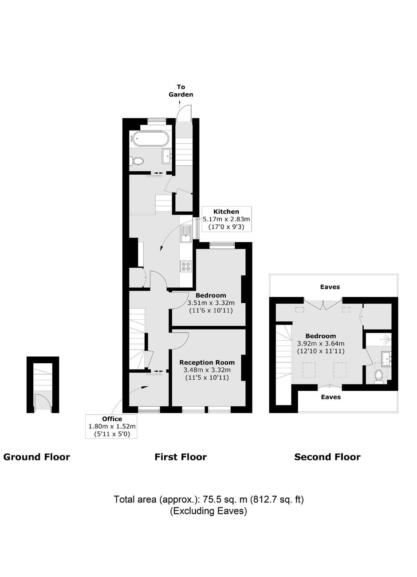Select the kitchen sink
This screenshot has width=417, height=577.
(x=186, y=234)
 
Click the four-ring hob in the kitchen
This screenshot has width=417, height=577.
(x=186, y=267)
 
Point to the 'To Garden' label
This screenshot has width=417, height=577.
(x=181, y=90)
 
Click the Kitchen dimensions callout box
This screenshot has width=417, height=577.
(x=227, y=219)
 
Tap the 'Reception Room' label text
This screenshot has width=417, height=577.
(x=207, y=362)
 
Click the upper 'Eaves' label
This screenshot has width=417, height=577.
(x=330, y=287)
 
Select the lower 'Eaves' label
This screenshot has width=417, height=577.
(x=330, y=397)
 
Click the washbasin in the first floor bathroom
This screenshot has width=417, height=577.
(x=167, y=156)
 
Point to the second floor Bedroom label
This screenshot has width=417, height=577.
(x=321, y=336)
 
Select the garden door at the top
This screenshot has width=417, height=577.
(x=185, y=113)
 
